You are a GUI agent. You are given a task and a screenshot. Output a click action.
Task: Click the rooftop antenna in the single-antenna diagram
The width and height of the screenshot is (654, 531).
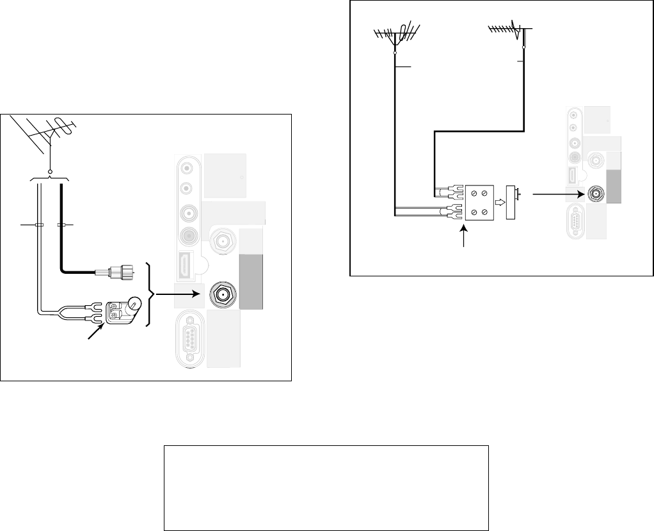pyautogui.click(x=47, y=134)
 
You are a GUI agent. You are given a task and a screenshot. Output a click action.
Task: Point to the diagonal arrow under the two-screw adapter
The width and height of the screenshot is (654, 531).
pyautogui.click(x=95, y=333)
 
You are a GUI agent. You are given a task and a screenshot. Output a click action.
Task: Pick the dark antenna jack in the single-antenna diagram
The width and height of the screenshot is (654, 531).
pyautogui.click(x=221, y=295)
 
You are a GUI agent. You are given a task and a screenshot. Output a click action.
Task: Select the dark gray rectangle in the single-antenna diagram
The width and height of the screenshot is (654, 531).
pyautogui.click(x=251, y=282)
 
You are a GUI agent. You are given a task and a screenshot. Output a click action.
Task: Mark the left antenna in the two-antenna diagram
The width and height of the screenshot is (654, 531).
pyautogui.click(x=395, y=35)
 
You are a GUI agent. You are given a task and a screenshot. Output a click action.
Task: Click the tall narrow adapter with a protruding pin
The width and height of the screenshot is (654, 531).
pyautogui.click(x=511, y=202)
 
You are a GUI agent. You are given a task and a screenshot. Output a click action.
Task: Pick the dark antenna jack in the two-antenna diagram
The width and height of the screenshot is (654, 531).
pyautogui.click(x=596, y=193)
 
